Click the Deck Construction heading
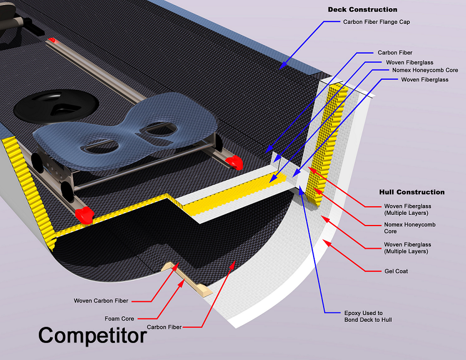(362, 9)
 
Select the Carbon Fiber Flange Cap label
(376, 22)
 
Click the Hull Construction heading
(412, 192)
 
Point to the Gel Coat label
(396, 271)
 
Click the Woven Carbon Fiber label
(101, 301)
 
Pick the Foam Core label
(120, 318)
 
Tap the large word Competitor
(92, 336)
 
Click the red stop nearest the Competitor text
(83, 215)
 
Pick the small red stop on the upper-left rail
(53, 40)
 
